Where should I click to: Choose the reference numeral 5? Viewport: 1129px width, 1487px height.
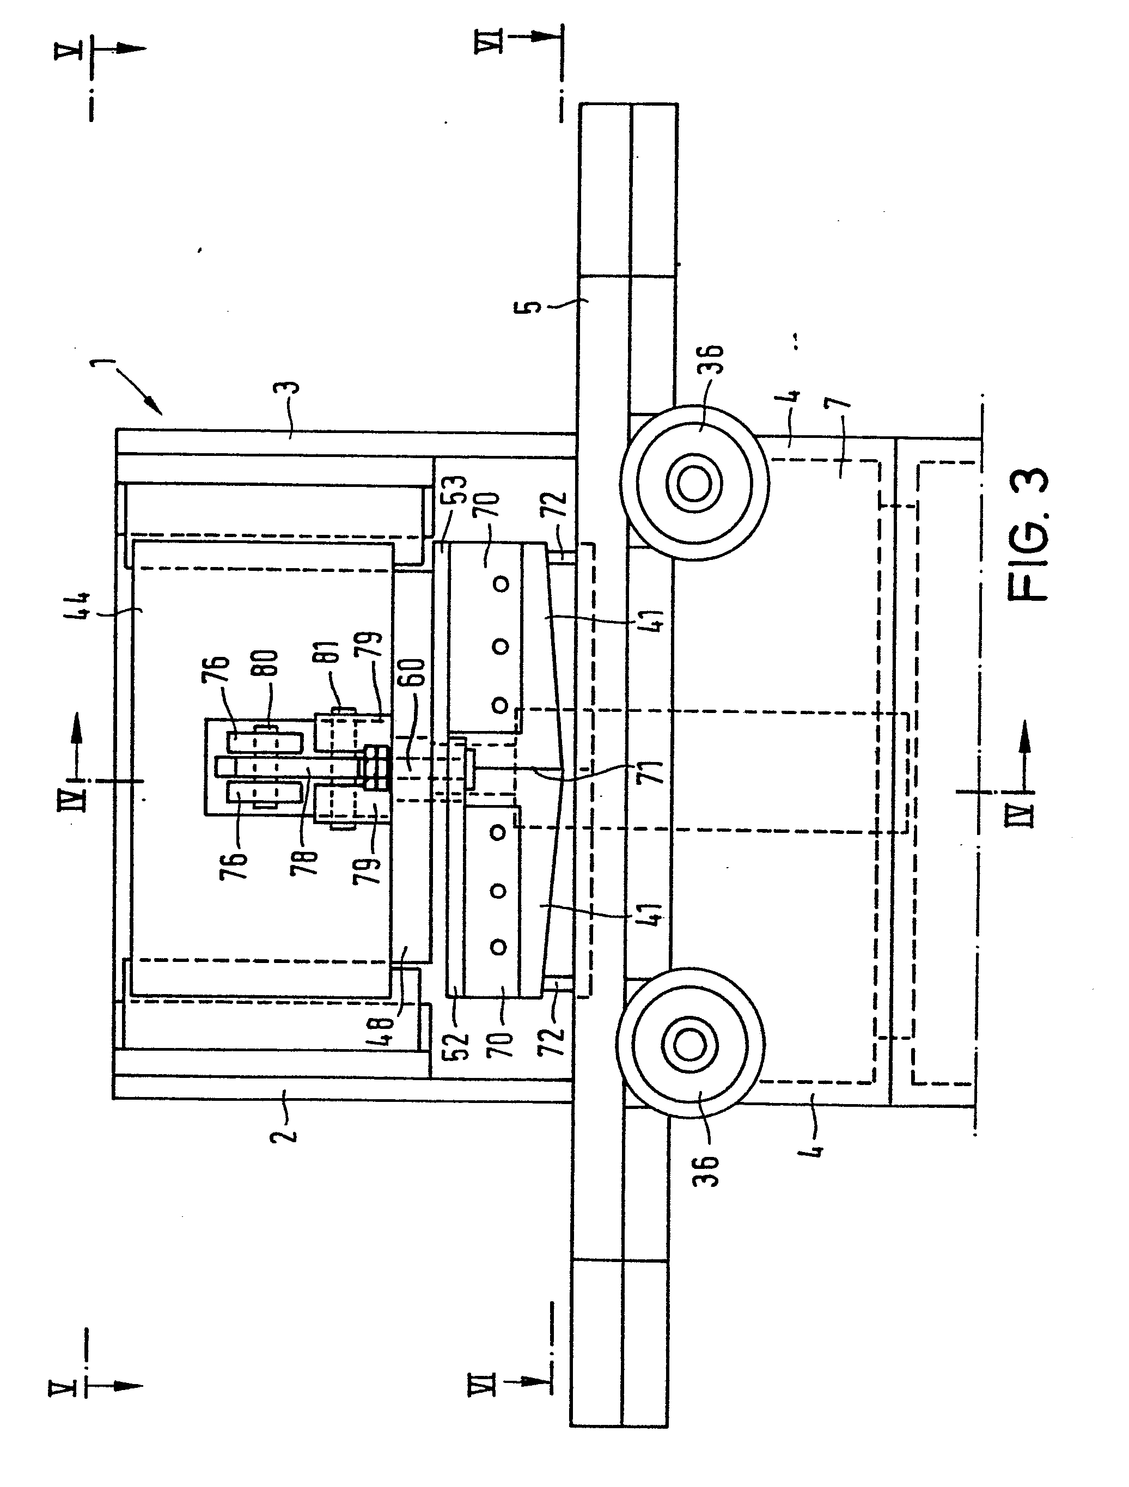pos(532,307)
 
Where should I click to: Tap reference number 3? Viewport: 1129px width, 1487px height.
pos(296,388)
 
